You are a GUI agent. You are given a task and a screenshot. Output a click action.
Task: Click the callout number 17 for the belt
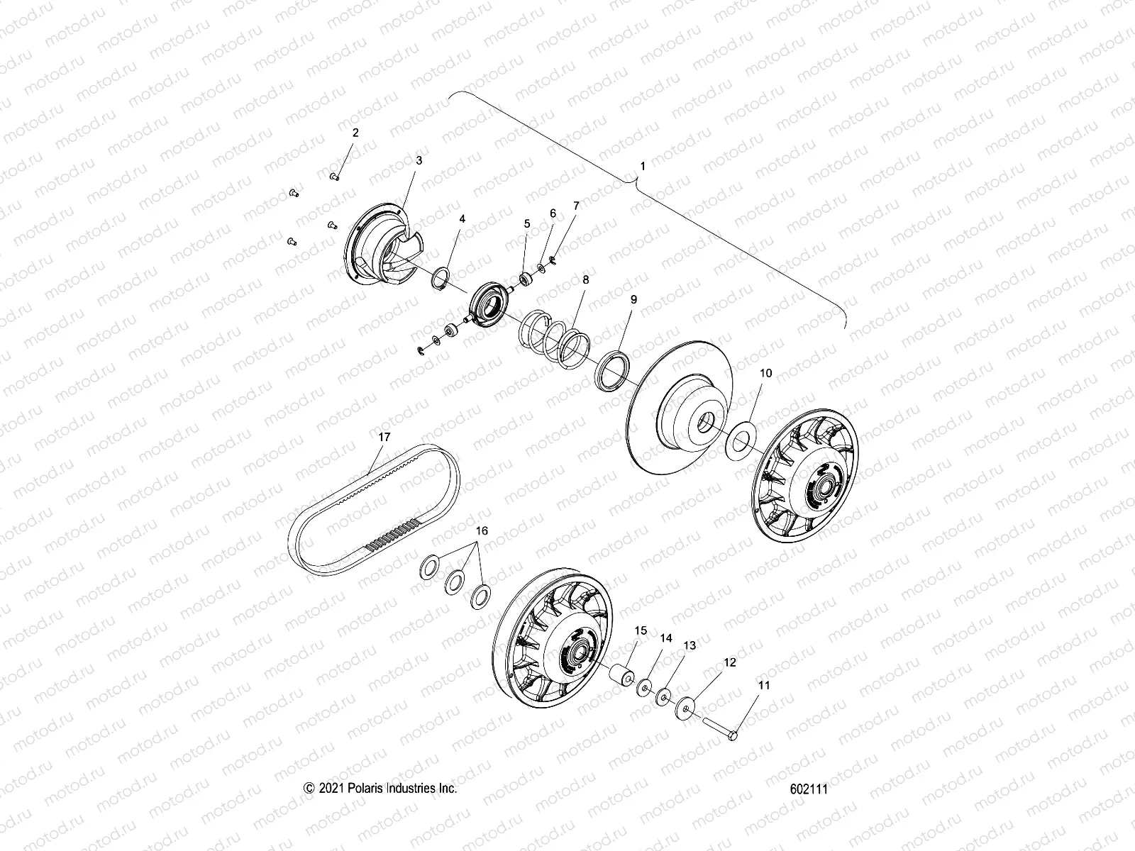384,437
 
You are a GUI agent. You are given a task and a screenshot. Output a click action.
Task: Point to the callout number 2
355,133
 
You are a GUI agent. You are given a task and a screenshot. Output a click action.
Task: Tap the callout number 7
576,206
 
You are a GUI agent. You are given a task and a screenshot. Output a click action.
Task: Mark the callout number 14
665,638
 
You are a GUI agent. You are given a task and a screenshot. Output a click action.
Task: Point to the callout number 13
690,645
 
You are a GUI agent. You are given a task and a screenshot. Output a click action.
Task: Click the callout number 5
527,223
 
